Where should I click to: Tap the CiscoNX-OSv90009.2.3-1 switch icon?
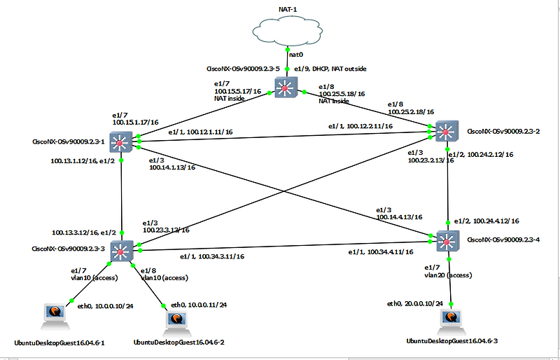[x=121, y=142]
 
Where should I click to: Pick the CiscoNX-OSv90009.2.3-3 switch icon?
[x=122, y=251]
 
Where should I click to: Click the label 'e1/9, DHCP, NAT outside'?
[x=329, y=69]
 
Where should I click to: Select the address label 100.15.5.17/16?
[x=239, y=91]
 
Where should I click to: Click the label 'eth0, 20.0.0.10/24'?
[x=415, y=303]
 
